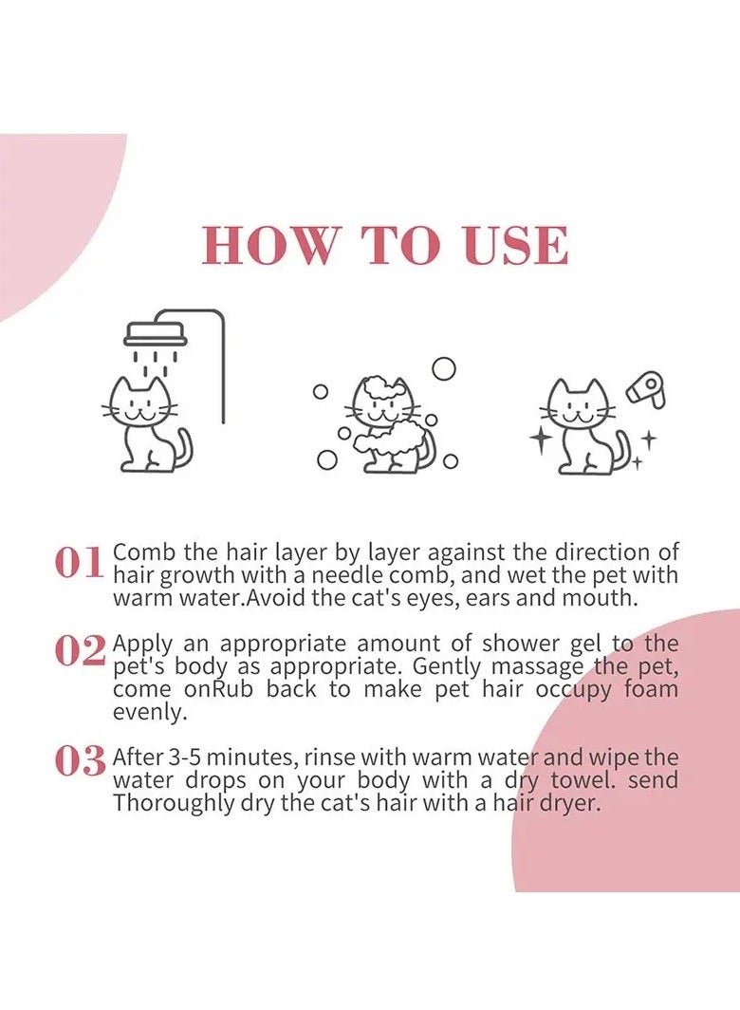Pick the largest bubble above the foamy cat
(443, 368)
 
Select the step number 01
(79, 563)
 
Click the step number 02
(80, 652)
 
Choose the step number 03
(80, 761)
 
